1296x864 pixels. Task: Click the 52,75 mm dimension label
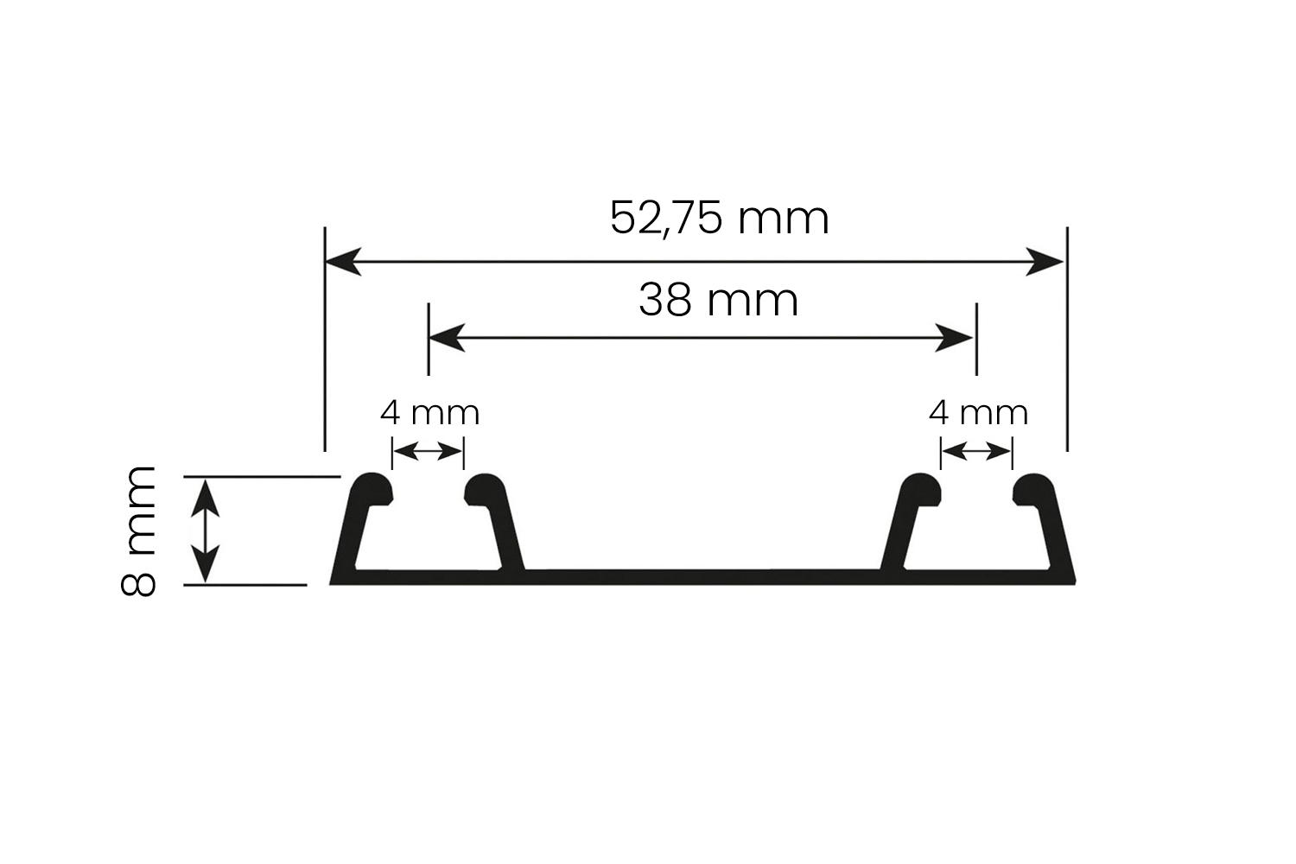(x=719, y=218)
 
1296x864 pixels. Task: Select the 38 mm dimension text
(x=718, y=301)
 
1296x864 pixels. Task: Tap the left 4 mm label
(x=429, y=413)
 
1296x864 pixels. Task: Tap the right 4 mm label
(x=978, y=413)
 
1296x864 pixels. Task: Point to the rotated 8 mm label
(x=138, y=530)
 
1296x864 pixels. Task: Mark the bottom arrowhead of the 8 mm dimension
(x=205, y=567)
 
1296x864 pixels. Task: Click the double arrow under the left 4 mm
(x=428, y=451)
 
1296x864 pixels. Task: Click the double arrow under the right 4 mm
(x=976, y=451)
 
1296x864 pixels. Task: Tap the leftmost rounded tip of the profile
(x=373, y=489)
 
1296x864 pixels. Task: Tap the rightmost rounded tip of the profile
(x=1033, y=489)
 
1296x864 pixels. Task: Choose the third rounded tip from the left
(x=921, y=489)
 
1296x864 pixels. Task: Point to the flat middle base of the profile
(x=702, y=577)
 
